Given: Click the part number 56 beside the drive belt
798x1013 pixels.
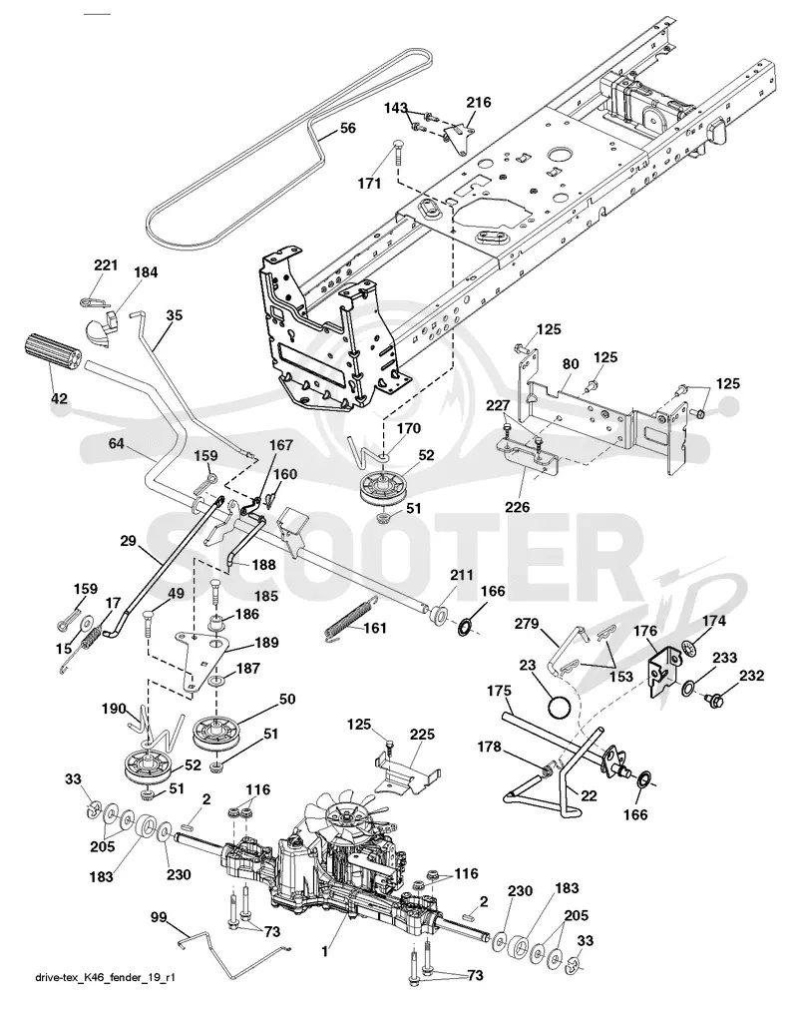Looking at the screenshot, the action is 347,128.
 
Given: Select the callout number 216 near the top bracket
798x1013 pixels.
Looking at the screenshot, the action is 479,102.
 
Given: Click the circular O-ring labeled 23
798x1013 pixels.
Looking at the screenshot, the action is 560,707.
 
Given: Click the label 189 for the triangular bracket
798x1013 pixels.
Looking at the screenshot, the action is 266,642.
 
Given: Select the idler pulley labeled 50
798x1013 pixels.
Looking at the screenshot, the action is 215,733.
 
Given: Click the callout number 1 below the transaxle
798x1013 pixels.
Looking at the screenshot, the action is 325,951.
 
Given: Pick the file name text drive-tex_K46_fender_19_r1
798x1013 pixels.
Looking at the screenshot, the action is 105,977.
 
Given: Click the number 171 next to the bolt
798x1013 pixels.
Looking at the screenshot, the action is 369,184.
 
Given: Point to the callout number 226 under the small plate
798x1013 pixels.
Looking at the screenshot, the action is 517,507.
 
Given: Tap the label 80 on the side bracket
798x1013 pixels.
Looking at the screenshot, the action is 571,363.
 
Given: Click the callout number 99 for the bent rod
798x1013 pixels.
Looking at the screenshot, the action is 160,917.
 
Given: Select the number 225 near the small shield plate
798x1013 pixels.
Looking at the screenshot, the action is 422,735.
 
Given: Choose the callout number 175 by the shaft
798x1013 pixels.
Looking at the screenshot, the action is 499,690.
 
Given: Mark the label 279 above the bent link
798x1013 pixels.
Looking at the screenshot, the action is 527,624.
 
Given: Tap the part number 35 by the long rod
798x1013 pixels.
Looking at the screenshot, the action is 174,315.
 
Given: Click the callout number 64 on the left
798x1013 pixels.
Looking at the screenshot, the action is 117,443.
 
